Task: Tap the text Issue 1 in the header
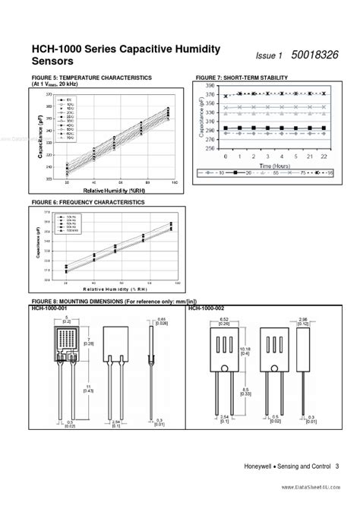[269, 56]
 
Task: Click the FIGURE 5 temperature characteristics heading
[92, 78]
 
